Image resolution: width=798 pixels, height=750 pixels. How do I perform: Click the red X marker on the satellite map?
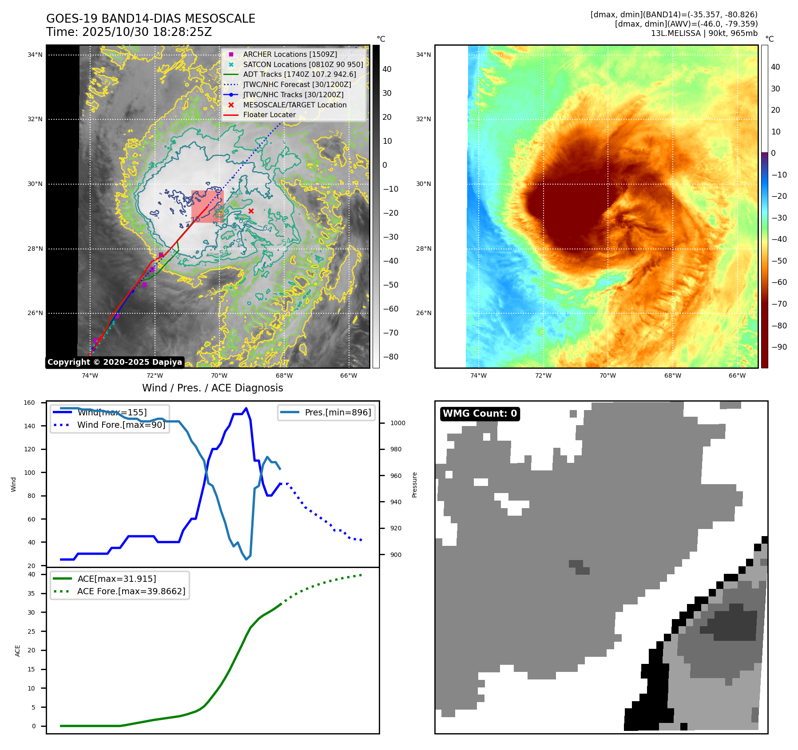[251, 211]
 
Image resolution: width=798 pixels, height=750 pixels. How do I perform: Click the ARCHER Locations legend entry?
[290, 54]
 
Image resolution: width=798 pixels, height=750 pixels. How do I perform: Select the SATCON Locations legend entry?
[303, 64]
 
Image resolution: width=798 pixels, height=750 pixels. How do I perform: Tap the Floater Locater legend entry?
[269, 114]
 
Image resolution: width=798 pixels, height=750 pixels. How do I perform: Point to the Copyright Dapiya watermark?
[115, 362]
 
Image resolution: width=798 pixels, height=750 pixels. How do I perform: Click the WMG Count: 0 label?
[480, 414]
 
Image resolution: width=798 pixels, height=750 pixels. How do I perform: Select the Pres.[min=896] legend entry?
[337, 412]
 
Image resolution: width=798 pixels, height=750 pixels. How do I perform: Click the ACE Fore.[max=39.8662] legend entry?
[131, 591]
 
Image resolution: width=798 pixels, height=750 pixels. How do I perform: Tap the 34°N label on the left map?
[35, 55]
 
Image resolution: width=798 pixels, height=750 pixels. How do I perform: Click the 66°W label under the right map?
[737, 375]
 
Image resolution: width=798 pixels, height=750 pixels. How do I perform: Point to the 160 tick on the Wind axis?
[29, 403]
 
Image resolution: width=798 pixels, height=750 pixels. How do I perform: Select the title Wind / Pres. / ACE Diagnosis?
[212, 388]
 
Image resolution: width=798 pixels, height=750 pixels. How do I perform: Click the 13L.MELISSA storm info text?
[704, 33]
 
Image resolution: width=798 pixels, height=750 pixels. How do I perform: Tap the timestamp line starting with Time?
[129, 32]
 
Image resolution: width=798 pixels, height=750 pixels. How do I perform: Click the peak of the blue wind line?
[246, 408]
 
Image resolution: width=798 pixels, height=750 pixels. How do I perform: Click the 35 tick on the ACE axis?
[31, 593]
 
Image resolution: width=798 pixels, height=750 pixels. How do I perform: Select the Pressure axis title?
[414, 485]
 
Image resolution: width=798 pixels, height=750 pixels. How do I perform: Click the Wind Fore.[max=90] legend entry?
[121, 425]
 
